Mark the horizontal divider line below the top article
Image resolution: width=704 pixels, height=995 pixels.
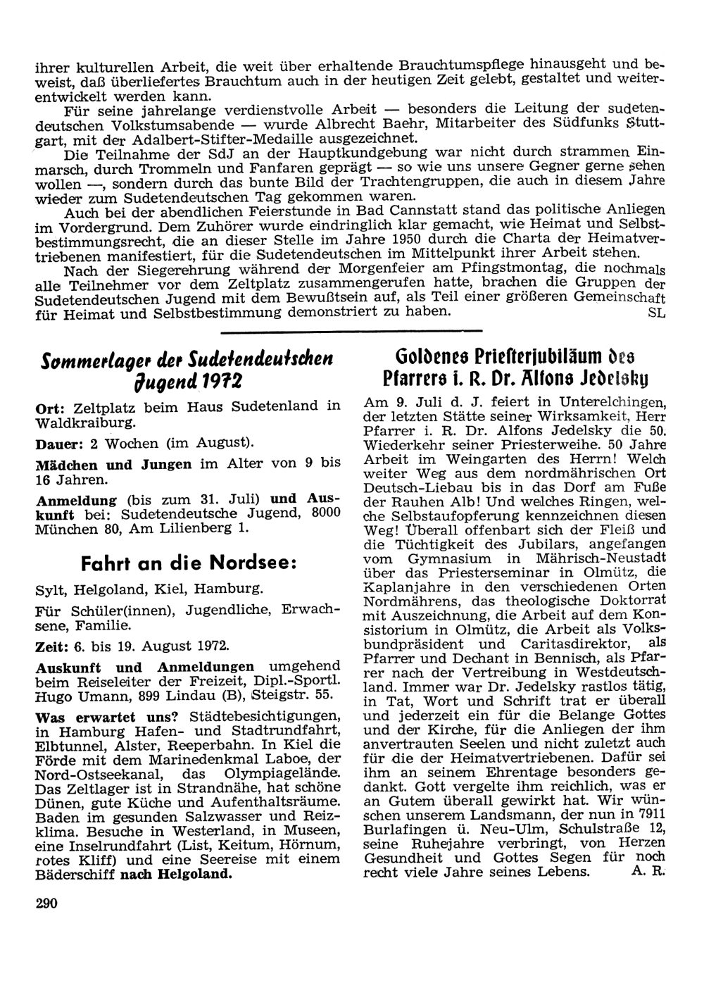351,330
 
